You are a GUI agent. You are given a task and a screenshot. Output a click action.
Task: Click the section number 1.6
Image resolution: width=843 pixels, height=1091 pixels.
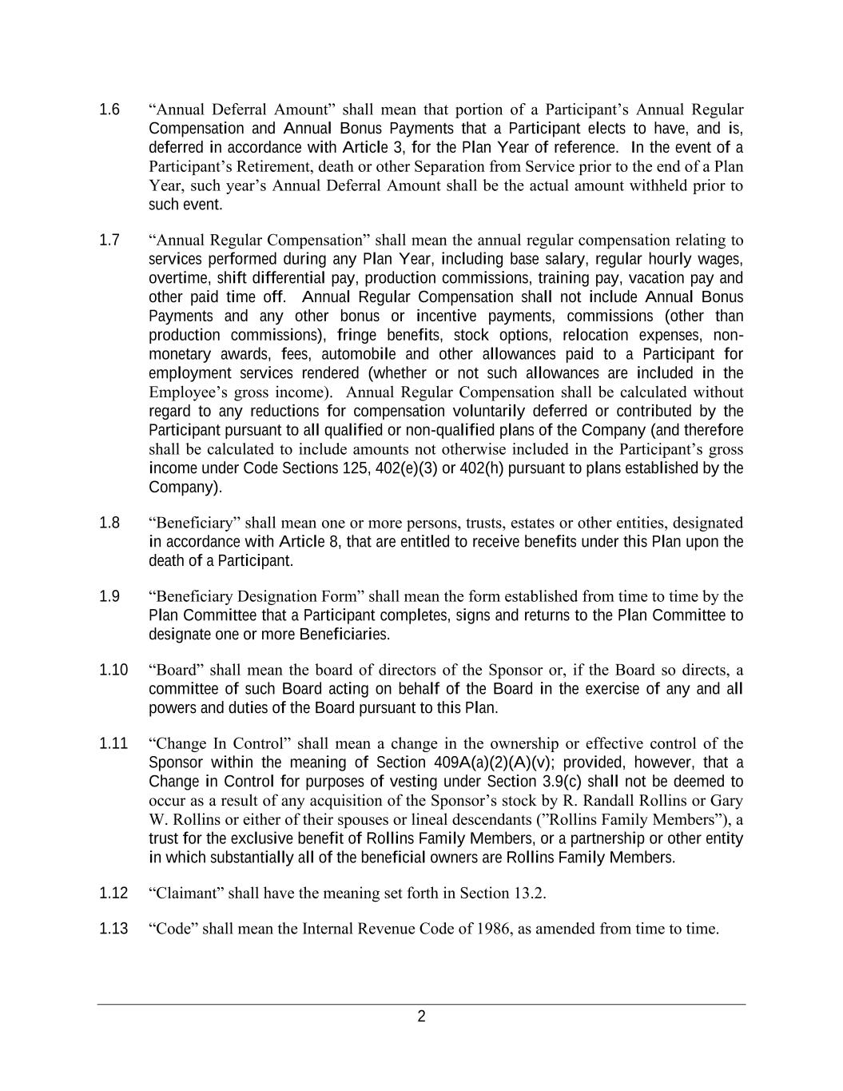(x=109, y=109)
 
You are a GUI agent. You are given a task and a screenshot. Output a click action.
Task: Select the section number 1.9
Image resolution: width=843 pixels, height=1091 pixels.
(x=109, y=596)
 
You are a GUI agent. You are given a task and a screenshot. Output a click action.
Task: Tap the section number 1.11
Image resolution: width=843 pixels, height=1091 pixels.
(x=113, y=743)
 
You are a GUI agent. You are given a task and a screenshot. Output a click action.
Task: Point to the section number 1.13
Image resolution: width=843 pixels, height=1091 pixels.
(x=113, y=929)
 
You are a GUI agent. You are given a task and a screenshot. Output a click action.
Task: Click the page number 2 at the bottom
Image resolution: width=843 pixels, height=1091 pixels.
(x=421, y=1017)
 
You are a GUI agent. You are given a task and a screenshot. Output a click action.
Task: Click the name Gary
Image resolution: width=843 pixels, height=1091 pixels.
(x=727, y=800)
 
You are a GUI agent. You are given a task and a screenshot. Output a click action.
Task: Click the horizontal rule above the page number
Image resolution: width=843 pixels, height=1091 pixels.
(x=421, y=1004)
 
